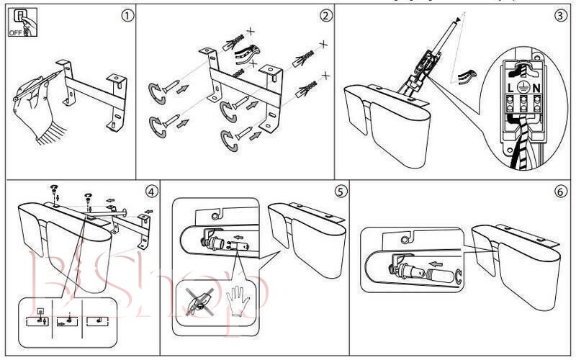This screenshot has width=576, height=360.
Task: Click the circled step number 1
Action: coord(128,15)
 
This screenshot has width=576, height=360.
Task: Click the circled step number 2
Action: coord(326,15)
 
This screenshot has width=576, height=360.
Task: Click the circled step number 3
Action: coord(560,16)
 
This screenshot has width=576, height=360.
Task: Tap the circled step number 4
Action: coord(150,192)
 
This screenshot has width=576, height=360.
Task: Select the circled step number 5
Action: coord(340,192)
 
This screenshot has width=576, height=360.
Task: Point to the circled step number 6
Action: coord(560,192)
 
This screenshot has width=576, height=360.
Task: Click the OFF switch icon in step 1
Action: coord(19,23)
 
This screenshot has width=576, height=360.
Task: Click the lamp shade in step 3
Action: coord(392,130)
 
